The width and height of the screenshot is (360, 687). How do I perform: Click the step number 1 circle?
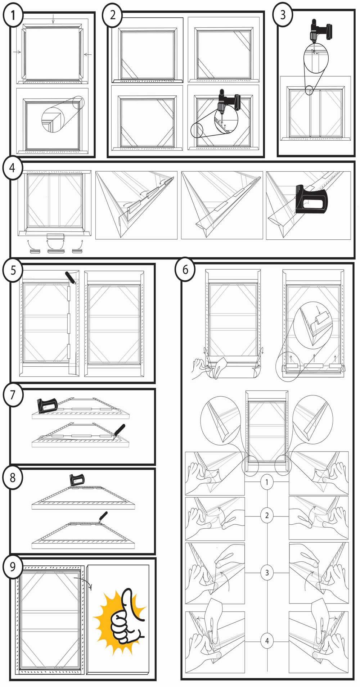click(13, 15)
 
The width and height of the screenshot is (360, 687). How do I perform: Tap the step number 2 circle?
click(112, 15)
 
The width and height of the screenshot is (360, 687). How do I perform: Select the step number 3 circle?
click(283, 15)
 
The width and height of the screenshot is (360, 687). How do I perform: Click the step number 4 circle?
click(13, 168)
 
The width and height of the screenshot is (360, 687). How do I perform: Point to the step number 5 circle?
click(13, 270)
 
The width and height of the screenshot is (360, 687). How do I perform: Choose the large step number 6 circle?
click(185, 269)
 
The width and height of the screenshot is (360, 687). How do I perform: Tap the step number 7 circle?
click(13, 395)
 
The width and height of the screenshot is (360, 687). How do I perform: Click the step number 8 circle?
click(13, 478)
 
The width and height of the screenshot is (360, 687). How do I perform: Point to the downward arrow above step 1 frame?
click(53, 19)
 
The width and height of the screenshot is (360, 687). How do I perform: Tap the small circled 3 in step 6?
click(267, 572)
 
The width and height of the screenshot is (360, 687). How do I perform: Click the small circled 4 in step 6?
click(267, 641)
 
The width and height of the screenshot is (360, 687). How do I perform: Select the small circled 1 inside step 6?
click(267, 482)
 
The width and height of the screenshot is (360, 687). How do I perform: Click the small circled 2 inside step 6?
click(267, 515)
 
